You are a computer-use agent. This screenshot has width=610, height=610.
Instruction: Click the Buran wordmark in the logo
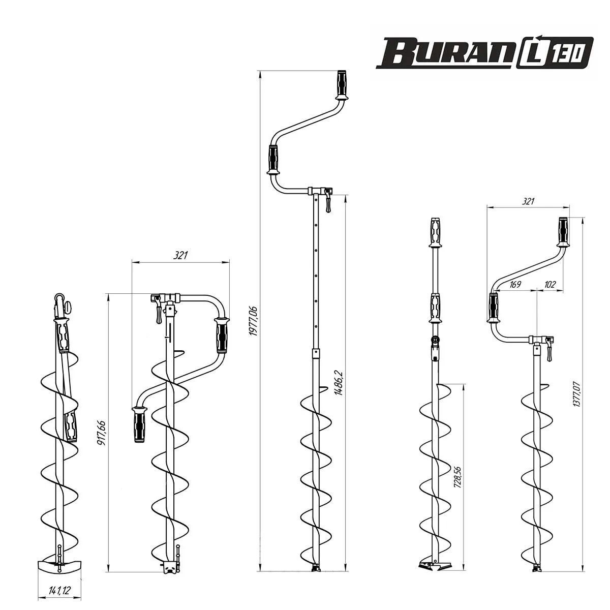(445, 53)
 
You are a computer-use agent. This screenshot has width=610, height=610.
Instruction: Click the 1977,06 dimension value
(254, 321)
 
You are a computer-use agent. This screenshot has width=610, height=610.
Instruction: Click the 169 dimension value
(515, 284)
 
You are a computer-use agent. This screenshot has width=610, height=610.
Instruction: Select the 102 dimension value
(550, 284)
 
